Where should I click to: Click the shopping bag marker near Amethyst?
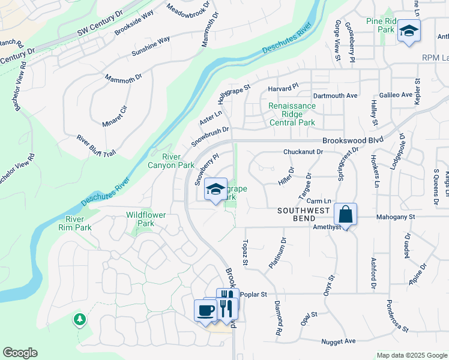click(346, 214)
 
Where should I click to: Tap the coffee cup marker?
click(205, 311)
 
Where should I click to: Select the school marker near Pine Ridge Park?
click(409, 31)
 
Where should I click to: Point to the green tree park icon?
click(79, 319)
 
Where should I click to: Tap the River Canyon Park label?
click(171, 161)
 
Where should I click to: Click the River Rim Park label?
click(75, 223)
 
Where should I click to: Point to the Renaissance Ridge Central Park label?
click(292, 114)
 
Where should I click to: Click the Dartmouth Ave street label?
click(335, 95)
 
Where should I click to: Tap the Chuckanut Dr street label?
click(303, 152)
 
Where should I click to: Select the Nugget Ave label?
click(339, 341)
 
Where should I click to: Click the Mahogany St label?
click(396, 217)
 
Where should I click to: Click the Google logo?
click(20, 353)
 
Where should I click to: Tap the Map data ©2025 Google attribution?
click(411, 355)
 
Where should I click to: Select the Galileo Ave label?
click(396, 95)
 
